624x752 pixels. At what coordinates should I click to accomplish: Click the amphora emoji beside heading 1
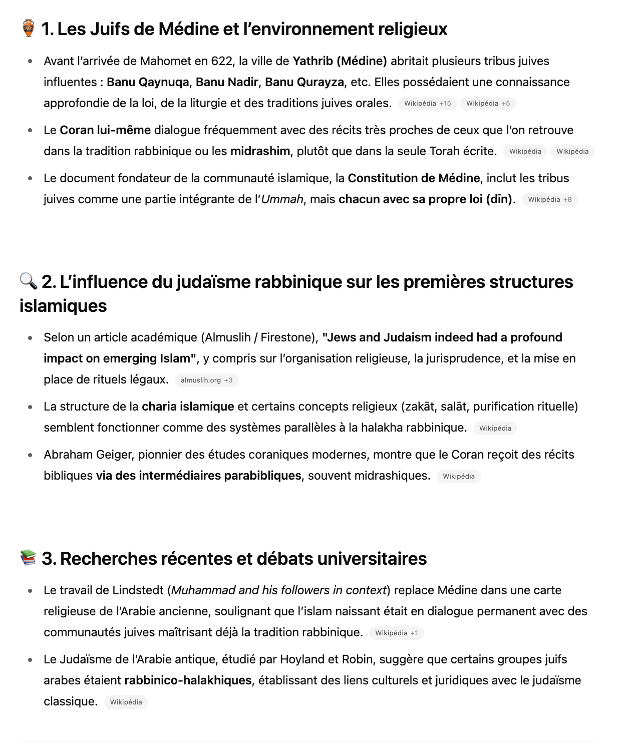click(29, 29)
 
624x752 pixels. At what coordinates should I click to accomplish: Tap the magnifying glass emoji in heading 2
click(29, 281)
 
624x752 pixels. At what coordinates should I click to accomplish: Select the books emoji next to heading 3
click(29, 558)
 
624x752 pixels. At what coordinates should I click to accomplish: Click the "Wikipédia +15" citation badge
click(427, 104)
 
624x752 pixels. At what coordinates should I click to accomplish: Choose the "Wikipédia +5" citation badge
click(488, 104)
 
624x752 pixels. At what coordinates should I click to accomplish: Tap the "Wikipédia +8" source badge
click(549, 200)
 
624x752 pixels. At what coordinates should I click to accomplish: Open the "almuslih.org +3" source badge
click(206, 381)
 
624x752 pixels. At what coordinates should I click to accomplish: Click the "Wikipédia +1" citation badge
click(396, 633)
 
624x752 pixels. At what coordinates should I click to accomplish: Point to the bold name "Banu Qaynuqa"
click(148, 82)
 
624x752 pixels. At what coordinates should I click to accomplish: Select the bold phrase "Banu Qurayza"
click(304, 82)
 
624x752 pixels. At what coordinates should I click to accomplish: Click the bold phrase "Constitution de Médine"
click(414, 178)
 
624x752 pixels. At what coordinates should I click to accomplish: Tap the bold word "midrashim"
click(260, 151)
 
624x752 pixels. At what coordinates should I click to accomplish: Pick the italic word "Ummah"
click(282, 199)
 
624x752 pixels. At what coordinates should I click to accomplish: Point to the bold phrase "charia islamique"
click(188, 407)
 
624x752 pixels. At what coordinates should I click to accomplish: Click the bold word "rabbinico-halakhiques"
click(188, 680)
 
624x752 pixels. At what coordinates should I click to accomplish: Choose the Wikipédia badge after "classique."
click(126, 702)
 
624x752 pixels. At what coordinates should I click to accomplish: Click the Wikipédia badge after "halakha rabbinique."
click(495, 429)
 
